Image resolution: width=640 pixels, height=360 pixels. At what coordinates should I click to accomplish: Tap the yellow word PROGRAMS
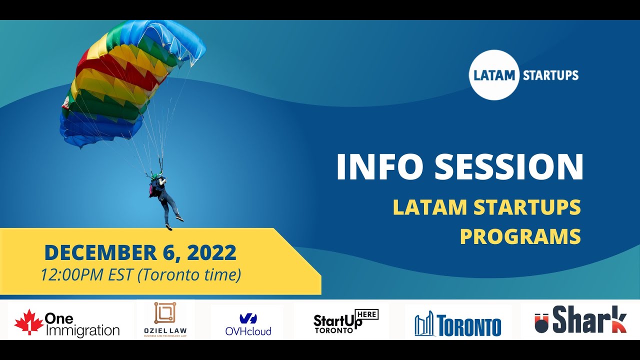coord(520,236)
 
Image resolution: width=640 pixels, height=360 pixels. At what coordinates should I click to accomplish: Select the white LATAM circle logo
coord(494,75)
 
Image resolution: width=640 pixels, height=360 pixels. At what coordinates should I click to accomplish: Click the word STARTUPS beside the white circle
coord(550,76)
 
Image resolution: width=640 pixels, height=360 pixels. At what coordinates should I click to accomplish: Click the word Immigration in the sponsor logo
coord(82,330)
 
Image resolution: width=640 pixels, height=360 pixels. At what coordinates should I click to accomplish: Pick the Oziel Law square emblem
coord(164,313)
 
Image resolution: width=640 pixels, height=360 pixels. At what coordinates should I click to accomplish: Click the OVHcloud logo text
coord(248,331)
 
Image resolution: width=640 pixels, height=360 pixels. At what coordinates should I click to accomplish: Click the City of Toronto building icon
coord(424,323)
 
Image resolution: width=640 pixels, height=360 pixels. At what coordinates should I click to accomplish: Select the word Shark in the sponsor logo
coord(589,320)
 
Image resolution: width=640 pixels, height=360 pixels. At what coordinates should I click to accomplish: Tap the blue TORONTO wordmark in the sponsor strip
coord(468,325)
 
